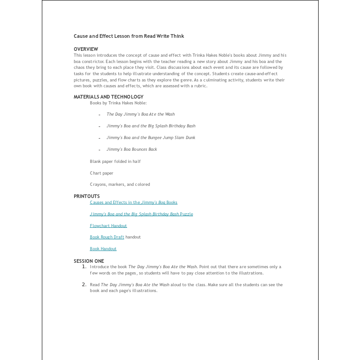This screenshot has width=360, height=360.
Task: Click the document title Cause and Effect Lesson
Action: pyautogui.click(x=129, y=36)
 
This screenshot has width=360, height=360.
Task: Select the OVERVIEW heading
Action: pyautogui.click(x=86, y=49)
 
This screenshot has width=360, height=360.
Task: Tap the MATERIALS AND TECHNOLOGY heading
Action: pyautogui.click(x=108, y=97)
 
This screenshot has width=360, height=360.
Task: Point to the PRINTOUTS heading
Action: pyautogui.click(x=87, y=196)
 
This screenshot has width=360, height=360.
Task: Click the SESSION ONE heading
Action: pyautogui.click(x=89, y=261)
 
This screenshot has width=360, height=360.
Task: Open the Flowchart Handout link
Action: pyautogui.click(x=108, y=225)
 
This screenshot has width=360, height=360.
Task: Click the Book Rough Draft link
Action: pyautogui.click(x=107, y=237)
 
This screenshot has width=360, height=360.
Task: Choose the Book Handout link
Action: pyautogui.click(x=103, y=249)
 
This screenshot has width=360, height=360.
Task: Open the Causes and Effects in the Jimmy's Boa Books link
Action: pyautogui.click(x=134, y=202)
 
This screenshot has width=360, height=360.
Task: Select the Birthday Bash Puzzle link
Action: pyautogui.click(x=141, y=214)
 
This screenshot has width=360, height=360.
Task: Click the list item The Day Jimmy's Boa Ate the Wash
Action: pyautogui.click(x=140, y=114)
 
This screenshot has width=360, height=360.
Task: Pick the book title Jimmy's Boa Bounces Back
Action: pyautogui.click(x=132, y=149)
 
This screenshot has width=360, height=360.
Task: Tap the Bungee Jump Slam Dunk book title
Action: pyautogui.click(x=151, y=138)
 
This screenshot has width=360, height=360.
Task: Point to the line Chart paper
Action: pyautogui.click(x=102, y=173)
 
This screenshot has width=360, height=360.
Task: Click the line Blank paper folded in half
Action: pyautogui.click(x=115, y=161)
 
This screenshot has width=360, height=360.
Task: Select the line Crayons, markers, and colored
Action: pyautogui.click(x=120, y=184)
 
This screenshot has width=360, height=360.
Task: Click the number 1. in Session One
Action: pyautogui.click(x=84, y=266)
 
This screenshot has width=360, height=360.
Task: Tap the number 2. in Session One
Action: pyautogui.click(x=84, y=284)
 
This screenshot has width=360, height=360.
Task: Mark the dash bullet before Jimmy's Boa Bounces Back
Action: pyautogui.click(x=99, y=150)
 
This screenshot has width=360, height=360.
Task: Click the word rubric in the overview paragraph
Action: pyautogui.click(x=200, y=86)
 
